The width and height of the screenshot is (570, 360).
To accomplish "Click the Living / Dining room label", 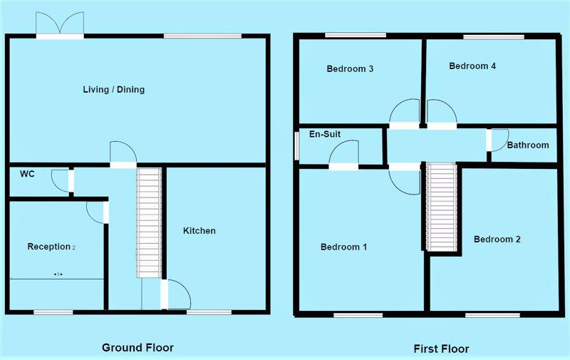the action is click(x=114, y=89).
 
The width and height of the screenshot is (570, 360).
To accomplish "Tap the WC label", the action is click(x=27, y=174).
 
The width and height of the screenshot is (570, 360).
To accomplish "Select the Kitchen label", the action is click(x=199, y=230).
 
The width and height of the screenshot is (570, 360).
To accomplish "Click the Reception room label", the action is click(x=51, y=247).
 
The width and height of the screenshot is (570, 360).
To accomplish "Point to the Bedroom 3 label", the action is click(x=350, y=68).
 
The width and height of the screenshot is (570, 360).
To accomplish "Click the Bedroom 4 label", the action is click(x=472, y=66).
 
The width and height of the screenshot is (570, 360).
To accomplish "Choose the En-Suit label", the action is click(x=325, y=134).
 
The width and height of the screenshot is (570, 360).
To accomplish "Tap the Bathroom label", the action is click(x=528, y=145).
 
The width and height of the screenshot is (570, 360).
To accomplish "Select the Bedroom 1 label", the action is click(x=344, y=247).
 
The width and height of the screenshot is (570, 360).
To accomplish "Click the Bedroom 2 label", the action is click(x=497, y=239).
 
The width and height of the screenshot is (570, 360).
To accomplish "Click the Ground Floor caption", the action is click(x=138, y=348).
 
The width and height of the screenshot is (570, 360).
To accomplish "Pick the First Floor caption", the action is click(x=441, y=349).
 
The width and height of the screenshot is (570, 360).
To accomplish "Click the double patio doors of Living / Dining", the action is click(x=60, y=26).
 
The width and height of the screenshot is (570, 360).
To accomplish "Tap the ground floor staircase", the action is click(x=149, y=222).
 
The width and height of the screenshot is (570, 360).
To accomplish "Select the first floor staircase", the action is click(x=442, y=207).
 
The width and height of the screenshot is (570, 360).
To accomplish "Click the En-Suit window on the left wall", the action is click(x=296, y=145).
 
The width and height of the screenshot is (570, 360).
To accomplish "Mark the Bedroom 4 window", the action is click(x=494, y=37).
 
